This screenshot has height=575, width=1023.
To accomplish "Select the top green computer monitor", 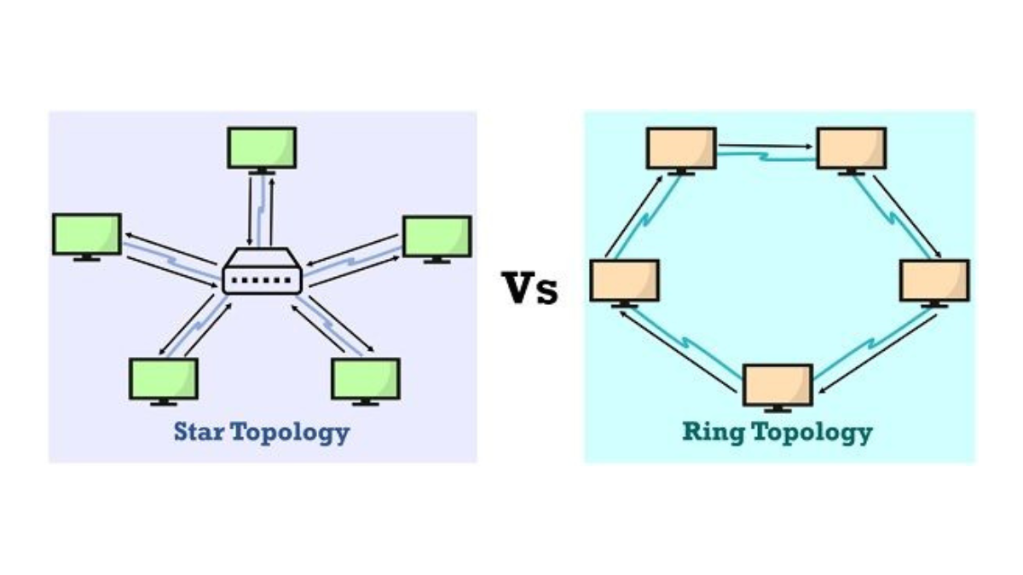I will pyautogui.click(x=262, y=148).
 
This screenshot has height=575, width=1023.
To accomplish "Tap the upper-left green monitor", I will pyautogui.click(x=86, y=234).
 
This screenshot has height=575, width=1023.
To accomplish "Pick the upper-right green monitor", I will pyautogui.click(x=436, y=237).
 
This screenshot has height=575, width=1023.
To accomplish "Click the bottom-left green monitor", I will pyautogui.click(x=164, y=379).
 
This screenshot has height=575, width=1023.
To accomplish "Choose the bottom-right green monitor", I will pyautogui.click(x=366, y=379).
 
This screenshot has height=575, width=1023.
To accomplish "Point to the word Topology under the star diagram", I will pyautogui.click(x=292, y=433).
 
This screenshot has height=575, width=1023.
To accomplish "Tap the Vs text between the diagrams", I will pyautogui.click(x=529, y=288).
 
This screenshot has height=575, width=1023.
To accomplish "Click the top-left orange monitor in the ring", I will pyautogui.click(x=680, y=149).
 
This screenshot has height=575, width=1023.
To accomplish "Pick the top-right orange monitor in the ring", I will pyautogui.click(x=851, y=149).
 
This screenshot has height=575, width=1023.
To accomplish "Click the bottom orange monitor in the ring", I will pyautogui.click(x=777, y=386).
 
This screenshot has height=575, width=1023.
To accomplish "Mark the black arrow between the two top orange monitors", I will pyautogui.click(x=766, y=146).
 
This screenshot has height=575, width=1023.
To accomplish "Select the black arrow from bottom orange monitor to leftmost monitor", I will pyautogui.click(x=677, y=350).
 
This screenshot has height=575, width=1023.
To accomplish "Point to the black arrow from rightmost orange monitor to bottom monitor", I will pyautogui.click(x=877, y=350).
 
